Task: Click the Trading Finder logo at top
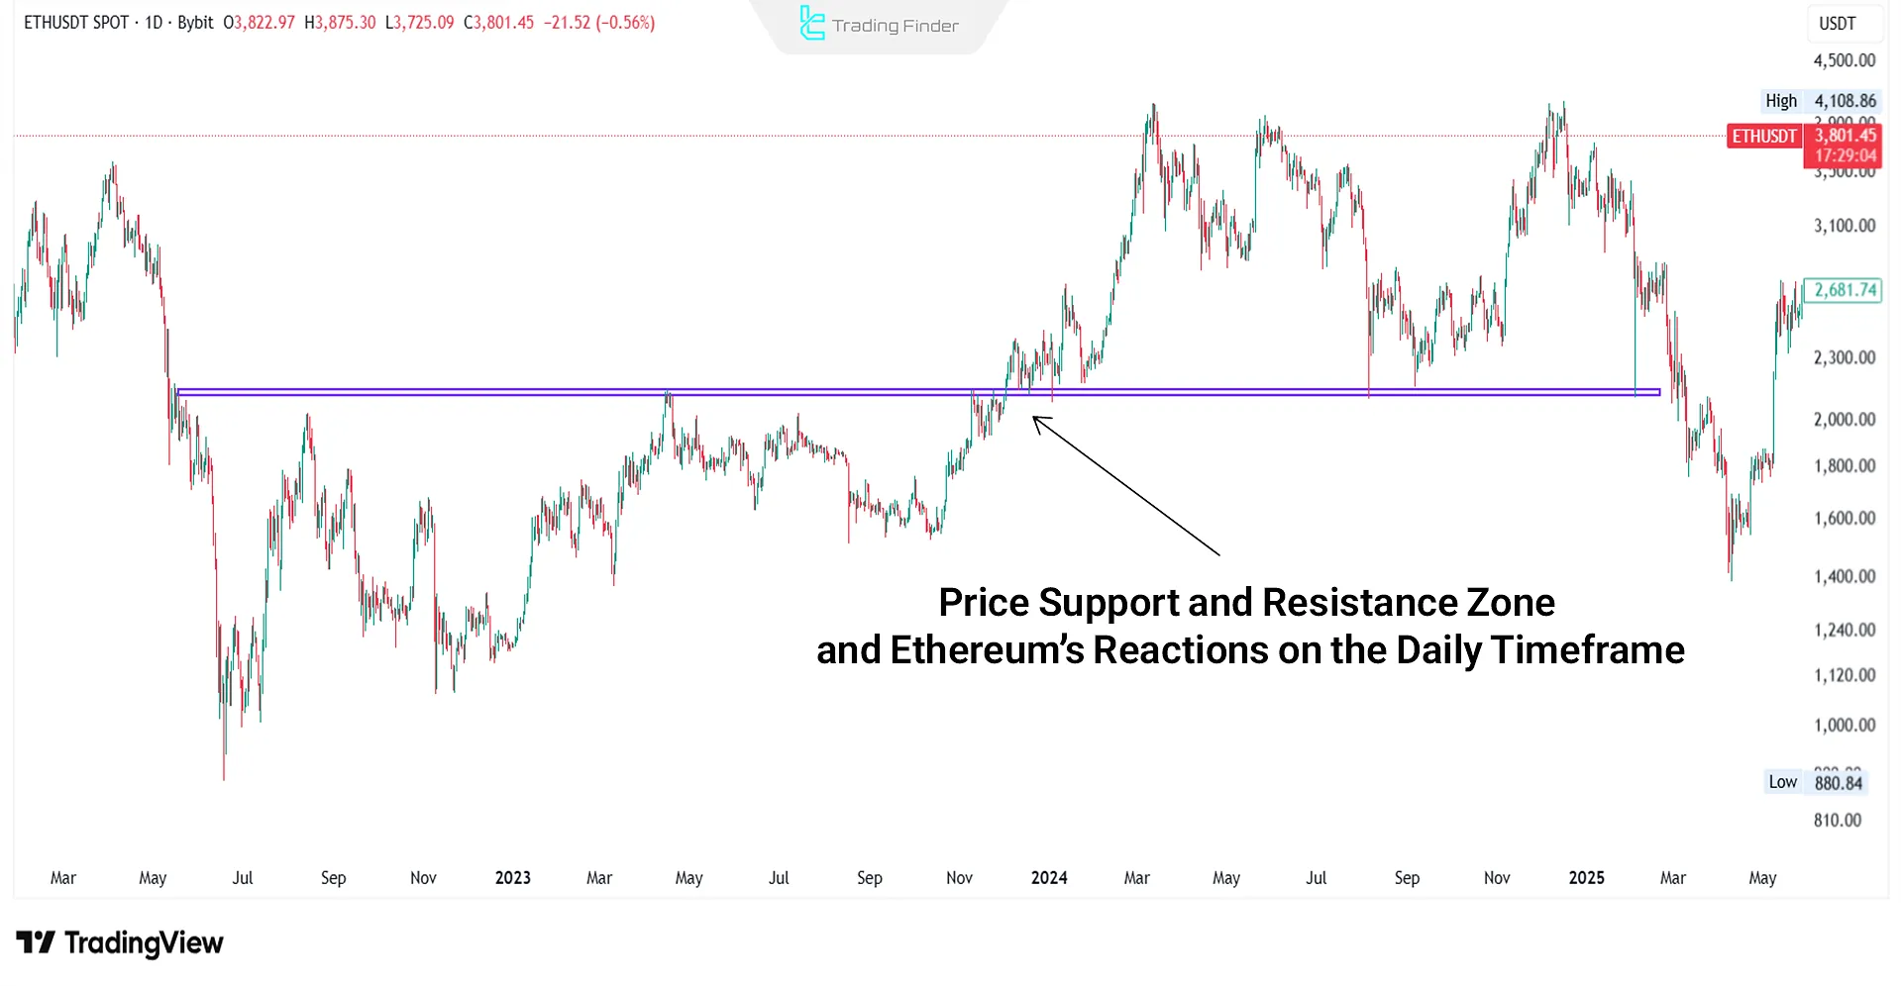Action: [879, 25]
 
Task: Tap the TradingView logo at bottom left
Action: [120, 942]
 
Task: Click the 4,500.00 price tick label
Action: [1844, 60]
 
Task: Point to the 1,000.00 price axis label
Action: [1844, 725]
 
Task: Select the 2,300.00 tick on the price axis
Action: [1844, 357]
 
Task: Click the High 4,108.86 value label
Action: [1845, 101]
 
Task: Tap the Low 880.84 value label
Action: [1838, 783]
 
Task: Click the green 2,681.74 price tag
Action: [1843, 290]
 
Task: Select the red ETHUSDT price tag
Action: [1764, 137]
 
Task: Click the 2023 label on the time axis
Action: [512, 878]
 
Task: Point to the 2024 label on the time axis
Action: [1049, 878]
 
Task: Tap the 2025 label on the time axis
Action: [1586, 878]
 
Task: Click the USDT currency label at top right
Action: [1837, 24]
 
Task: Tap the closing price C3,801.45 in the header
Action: [498, 23]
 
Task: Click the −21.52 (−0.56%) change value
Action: [599, 23]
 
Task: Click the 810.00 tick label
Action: [1837, 820]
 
